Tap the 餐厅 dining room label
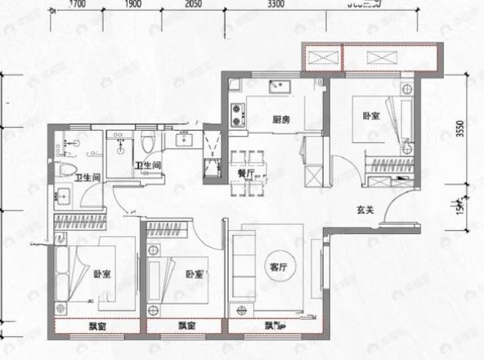244,173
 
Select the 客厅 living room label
278,268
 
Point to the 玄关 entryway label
365,210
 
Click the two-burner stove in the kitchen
240,114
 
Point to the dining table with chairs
244,173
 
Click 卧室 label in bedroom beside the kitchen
370,116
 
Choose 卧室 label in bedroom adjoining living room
193,274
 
